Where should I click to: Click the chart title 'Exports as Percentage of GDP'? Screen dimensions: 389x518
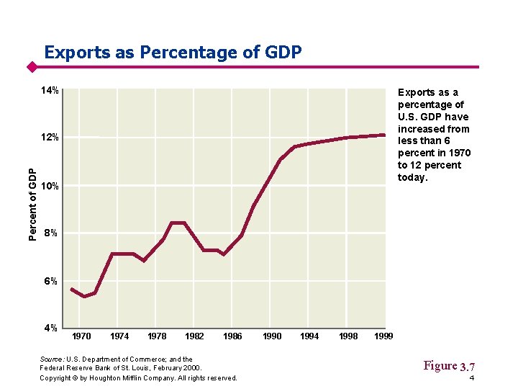tap(173, 53)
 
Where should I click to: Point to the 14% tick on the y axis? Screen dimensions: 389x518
tap(50, 91)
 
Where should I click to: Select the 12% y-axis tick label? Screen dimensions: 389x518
tap(50, 138)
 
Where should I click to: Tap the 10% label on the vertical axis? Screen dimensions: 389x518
tap(50, 187)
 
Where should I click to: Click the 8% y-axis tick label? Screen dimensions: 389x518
tap(50, 233)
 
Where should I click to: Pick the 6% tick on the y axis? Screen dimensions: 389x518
tap(50, 281)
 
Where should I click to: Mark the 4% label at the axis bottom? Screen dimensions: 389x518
tap(50, 328)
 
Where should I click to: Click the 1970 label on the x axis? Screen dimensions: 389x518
tap(82, 336)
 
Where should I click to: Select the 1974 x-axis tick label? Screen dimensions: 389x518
tap(119, 336)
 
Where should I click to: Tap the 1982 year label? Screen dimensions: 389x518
tap(194, 336)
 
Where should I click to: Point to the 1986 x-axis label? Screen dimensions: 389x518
tap(232, 336)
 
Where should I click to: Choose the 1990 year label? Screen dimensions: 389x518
tap(272, 336)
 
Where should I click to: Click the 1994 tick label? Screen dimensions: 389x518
tap(310, 336)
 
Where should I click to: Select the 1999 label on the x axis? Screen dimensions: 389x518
tap(384, 336)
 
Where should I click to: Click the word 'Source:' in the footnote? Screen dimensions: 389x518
tap(53, 359)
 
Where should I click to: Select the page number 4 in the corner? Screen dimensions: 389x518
tap(471, 379)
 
